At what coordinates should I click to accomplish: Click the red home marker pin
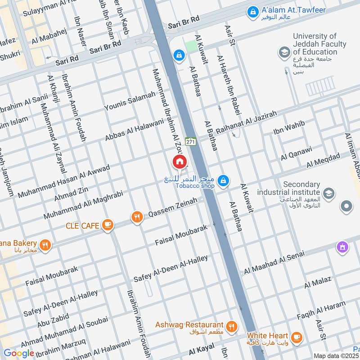(x=179, y=162)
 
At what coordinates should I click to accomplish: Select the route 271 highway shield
(x=190, y=141)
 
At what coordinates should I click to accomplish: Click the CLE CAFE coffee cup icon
(x=107, y=225)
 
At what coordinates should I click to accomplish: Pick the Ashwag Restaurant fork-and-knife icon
(x=231, y=326)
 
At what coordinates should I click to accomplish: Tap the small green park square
(x=191, y=46)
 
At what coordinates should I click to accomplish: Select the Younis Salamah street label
(x=130, y=101)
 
